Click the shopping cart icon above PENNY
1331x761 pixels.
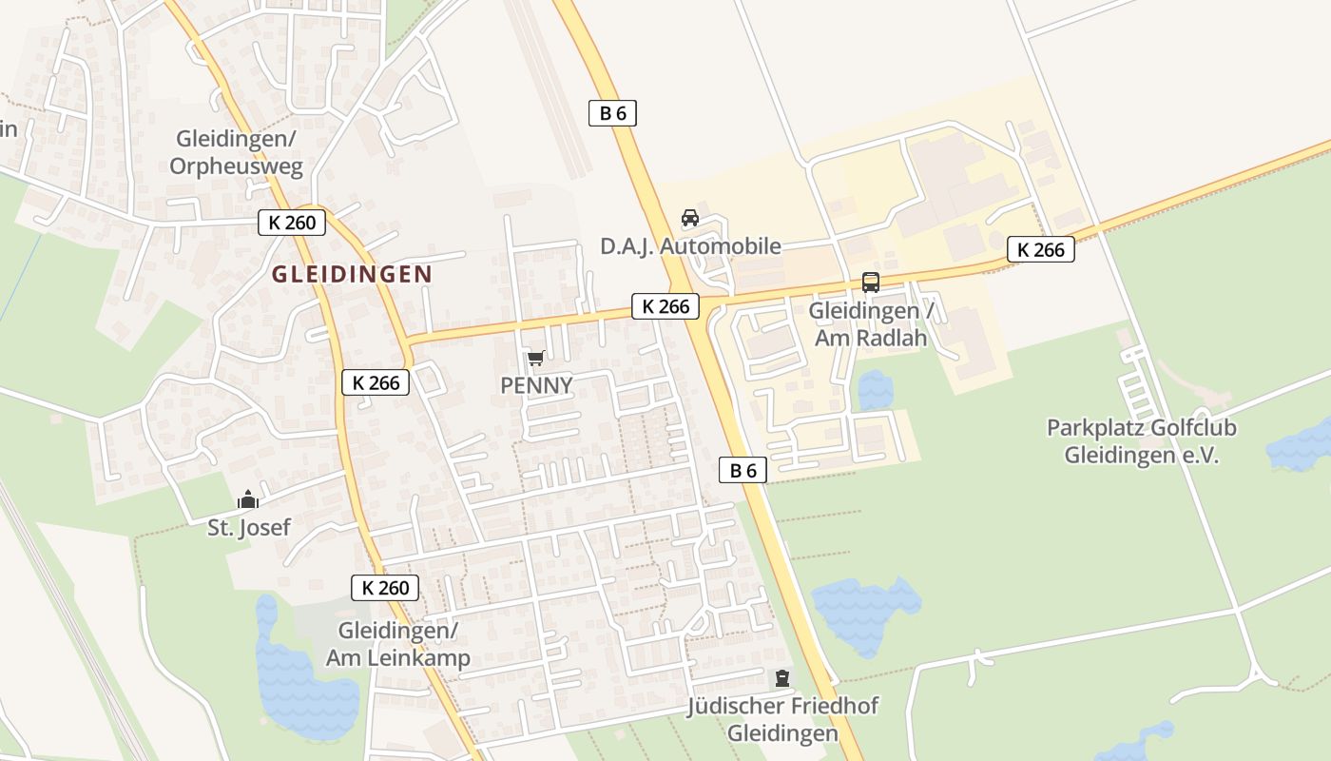[x=535, y=359]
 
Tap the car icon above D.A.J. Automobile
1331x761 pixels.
[x=690, y=218]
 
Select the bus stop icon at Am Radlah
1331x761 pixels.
[x=870, y=282]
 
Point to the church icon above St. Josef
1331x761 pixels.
[x=248, y=499]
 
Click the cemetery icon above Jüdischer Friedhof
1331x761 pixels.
[x=781, y=678]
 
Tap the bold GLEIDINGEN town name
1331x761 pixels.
[x=352, y=274]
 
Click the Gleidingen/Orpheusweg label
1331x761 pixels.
[x=236, y=152]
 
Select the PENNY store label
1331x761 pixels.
[x=536, y=385]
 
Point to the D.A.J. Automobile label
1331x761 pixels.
[x=690, y=246]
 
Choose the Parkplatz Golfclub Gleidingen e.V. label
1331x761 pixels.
[x=1141, y=441]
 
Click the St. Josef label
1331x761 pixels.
[x=249, y=527]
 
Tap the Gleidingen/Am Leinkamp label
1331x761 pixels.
[x=397, y=644]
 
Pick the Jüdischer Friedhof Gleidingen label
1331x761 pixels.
[x=782, y=719]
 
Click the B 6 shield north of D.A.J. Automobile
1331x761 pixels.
[x=612, y=113]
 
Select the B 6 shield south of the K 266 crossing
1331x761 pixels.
[x=743, y=469]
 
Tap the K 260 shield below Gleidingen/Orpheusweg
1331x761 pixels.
[x=292, y=223]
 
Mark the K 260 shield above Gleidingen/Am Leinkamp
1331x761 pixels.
[x=385, y=587]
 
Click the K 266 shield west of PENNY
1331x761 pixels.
[x=376, y=382]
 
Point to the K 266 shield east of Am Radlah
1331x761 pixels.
[x=1040, y=249]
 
